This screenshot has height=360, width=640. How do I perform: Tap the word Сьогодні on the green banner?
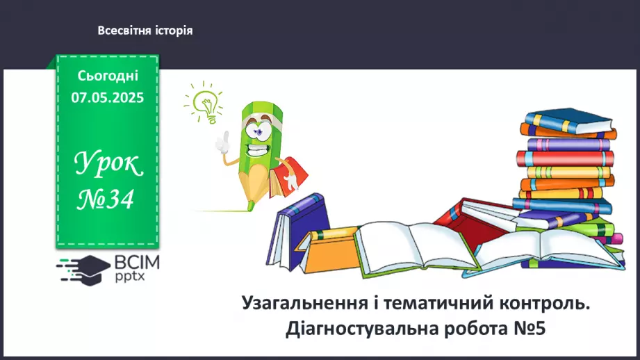pos(108,76)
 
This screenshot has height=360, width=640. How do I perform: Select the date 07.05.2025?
pos(107,98)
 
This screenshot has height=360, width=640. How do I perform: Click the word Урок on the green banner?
pos(108,166)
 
